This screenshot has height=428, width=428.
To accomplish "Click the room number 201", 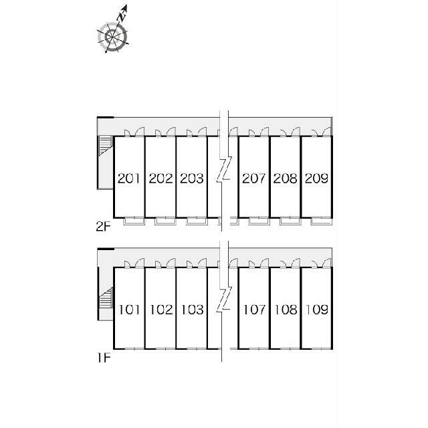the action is pyautogui.click(x=129, y=179).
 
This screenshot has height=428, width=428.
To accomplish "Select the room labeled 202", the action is pyautogui.click(x=160, y=179).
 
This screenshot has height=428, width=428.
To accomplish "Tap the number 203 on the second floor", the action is pyautogui.click(x=192, y=179).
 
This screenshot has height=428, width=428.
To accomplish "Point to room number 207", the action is pyautogui.click(x=254, y=179).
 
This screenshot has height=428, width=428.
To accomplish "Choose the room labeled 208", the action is pyautogui.click(x=286, y=179).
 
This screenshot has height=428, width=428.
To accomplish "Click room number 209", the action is pyautogui.click(x=316, y=179).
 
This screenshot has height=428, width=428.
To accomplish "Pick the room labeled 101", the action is pyautogui.click(x=129, y=310).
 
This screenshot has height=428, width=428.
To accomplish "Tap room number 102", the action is pyautogui.click(x=161, y=310).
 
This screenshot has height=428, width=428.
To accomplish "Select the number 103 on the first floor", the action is pyautogui.click(x=192, y=310).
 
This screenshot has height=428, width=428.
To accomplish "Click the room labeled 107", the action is pyautogui.click(x=254, y=310).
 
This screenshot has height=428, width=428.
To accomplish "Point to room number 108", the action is pyautogui.click(x=286, y=310).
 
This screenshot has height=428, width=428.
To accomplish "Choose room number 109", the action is pyautogui.click(x=317, y=310).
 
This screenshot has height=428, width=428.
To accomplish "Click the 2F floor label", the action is pyautogui.click(x=103, y=227).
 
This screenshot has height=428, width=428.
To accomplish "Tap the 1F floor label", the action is pyautogui.click(x=104, y=358).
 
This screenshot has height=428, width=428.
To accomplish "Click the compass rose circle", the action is pyautogui.click(x=112, y=37).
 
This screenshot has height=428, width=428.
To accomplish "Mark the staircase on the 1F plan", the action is pyautogui.click(x=106, y=298).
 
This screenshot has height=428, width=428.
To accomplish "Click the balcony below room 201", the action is pyautogui.click(x=134, y=221).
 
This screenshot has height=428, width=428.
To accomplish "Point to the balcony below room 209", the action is pyautogui.click(x=322, y=221).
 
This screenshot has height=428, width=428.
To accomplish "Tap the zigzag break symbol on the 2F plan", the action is pyautogui.click(x=225, y=169).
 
